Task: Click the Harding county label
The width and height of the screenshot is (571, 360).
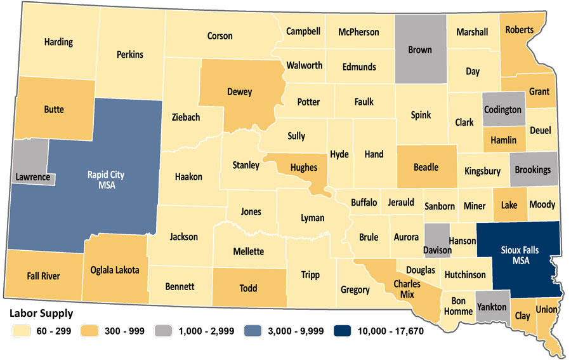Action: coord(58,43)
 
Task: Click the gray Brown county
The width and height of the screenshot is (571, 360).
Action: coord(419,50)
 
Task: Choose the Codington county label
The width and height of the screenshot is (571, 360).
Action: coord(502,110)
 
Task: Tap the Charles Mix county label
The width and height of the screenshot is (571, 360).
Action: coord(407,289)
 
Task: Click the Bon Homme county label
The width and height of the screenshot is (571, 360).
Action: coord(457,306)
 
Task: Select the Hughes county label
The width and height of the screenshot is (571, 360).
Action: coord(303,168)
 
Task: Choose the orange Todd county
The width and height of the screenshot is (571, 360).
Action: coord(248,288)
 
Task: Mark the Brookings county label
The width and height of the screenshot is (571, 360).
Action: coord(532,170)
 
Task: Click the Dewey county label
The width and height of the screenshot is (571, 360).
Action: coord(239,92)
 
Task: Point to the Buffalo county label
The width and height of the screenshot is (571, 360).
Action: coord(364,203)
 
